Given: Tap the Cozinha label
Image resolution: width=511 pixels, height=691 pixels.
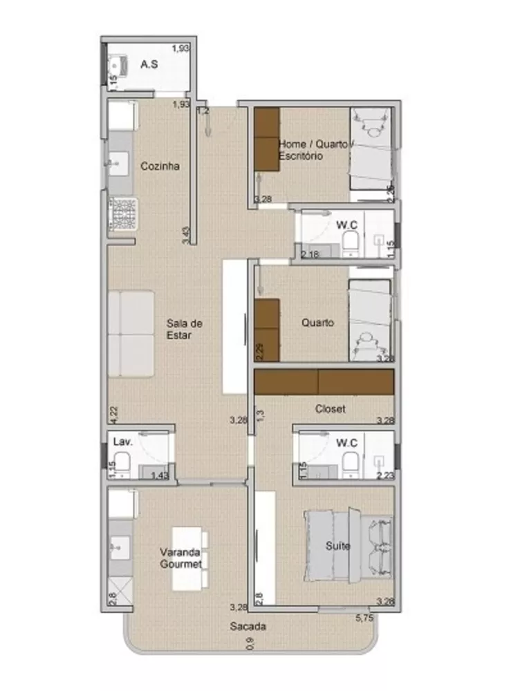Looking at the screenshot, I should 160,166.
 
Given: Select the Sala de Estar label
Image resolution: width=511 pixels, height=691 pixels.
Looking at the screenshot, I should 183,329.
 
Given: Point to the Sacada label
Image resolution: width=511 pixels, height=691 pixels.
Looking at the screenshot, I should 248,627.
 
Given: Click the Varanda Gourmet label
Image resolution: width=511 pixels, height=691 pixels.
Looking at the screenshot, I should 181,558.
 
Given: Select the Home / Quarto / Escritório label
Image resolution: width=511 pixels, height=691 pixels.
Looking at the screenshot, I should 315,150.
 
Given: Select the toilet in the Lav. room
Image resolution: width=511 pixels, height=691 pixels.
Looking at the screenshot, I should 121,464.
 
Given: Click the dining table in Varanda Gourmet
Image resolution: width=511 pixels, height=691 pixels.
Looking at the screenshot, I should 189,558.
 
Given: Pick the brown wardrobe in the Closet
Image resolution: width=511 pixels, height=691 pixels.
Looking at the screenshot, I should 324,381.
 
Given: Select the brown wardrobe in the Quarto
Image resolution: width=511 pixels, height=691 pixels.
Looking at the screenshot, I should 267,330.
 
